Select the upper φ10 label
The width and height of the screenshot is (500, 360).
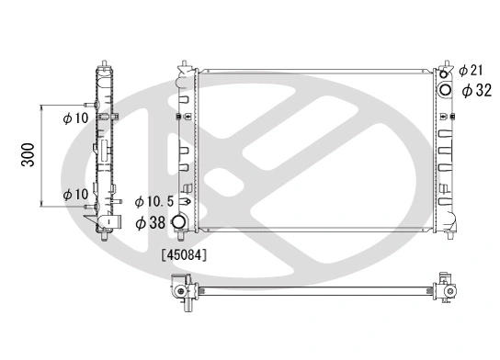pos(75,118)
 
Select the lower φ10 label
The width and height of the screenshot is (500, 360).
pos(75,194)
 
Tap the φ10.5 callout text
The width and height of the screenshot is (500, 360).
pos(153,201)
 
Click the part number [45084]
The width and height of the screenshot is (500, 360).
pos(184,254)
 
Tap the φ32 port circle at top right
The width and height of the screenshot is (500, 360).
pos(446,89)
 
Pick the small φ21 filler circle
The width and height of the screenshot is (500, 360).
pos(448,71)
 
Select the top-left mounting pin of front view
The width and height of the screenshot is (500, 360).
pos(186,66)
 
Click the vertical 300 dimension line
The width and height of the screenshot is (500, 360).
pos(42,157)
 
